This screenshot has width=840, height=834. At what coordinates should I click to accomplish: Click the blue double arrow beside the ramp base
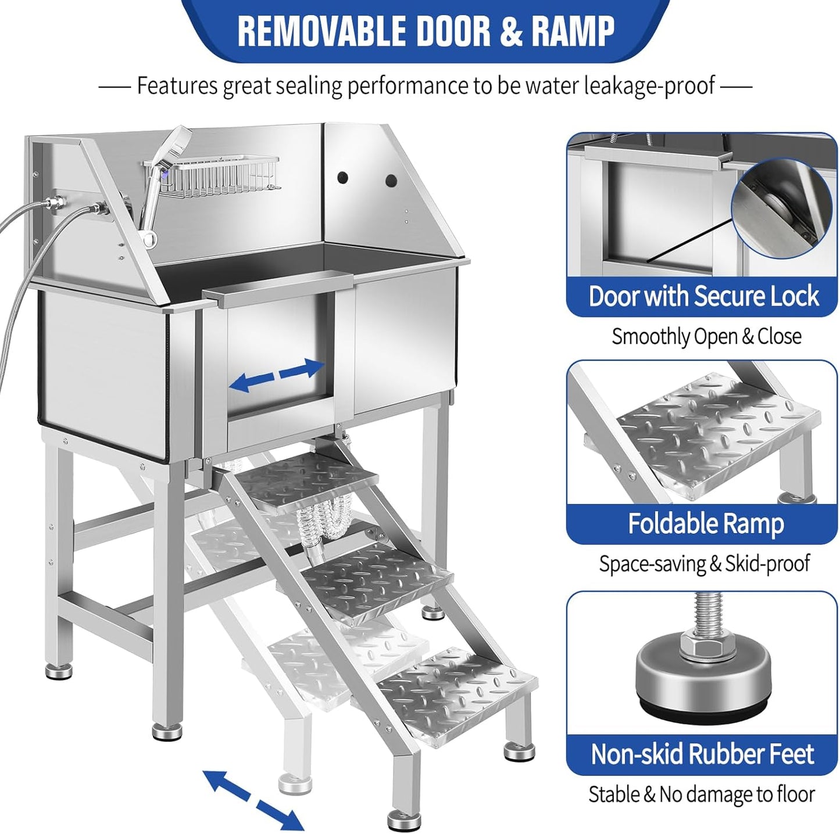tap(253, 800)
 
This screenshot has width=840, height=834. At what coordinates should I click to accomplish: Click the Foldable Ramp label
tap(705, 523)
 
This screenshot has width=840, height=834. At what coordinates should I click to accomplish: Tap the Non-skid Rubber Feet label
tap(702, 754)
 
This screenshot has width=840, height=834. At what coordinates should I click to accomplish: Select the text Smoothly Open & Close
tap(706, 336)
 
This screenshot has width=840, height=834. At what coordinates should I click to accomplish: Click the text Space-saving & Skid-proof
tap(704, 563)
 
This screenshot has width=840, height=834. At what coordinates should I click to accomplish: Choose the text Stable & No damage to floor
tap(702, 794)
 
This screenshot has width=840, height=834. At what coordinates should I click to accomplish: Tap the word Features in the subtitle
tap(178, 86)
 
